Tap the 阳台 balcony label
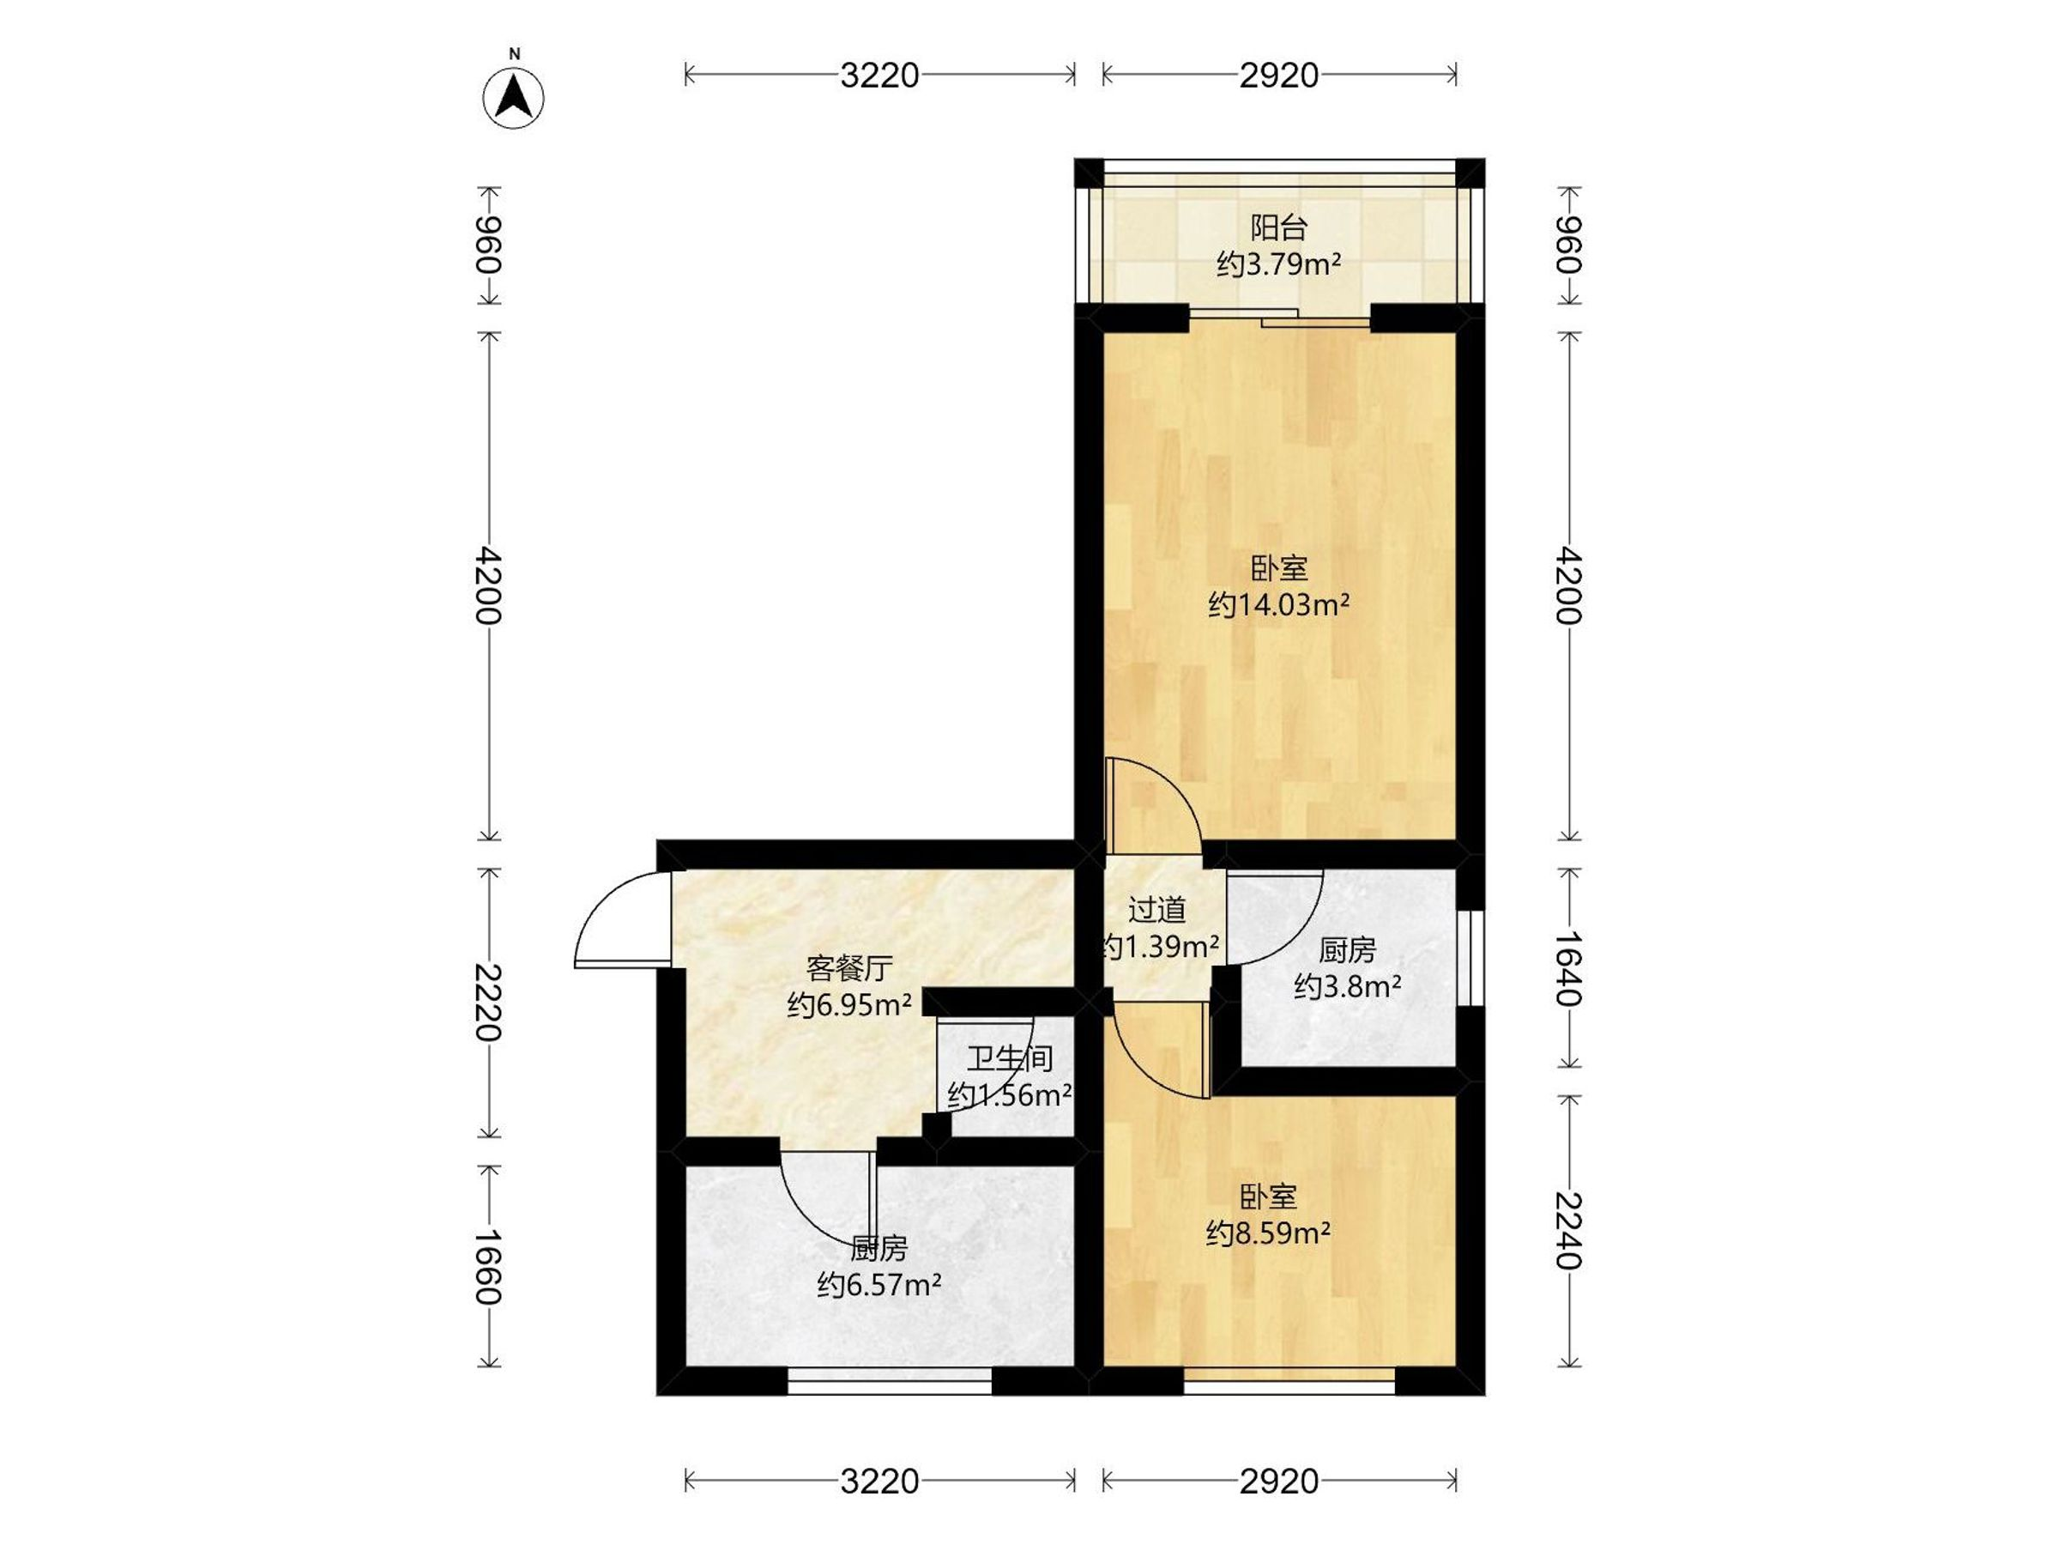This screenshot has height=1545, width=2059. pos(1279,227)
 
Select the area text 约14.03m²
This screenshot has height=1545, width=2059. pos(1279,605)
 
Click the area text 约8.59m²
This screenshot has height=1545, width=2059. pos(1268,1234)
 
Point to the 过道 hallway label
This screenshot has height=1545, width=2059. pos(1157,909)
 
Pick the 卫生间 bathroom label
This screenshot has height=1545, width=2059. pos(1009,1059)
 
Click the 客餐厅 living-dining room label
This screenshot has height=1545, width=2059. pos(849,968)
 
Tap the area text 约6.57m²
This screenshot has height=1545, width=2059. pos(879,1286)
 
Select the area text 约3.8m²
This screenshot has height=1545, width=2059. pos(1347,986)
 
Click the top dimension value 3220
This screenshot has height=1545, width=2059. pos(879,75)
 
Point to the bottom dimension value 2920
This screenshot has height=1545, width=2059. pos(1279,1481)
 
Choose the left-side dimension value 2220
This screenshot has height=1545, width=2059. pos(488,1002)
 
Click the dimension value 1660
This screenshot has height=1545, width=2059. pos(488,1267)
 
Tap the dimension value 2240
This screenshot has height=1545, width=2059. pos(1568,1230)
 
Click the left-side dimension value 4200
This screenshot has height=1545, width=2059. pos(488,585)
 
